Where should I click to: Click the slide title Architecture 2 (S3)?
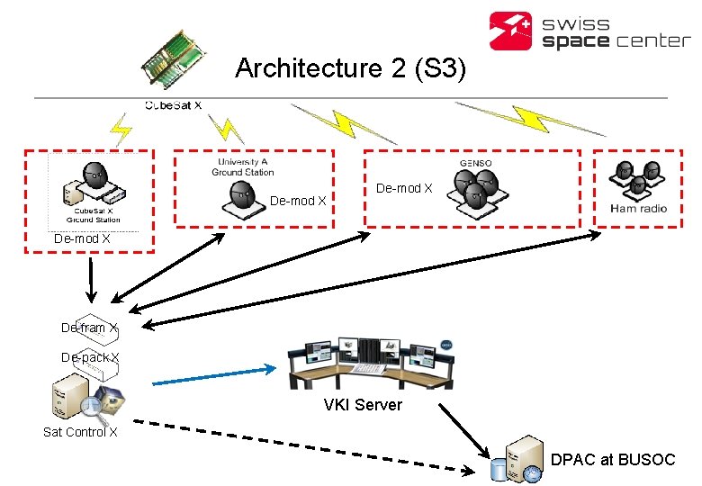350,68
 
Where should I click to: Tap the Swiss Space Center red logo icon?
511,31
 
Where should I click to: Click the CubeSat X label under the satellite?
173,105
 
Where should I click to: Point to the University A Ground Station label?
243,166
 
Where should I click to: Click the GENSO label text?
476,164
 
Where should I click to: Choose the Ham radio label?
638,208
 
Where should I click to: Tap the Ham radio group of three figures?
639,177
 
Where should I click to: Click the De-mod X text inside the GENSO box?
404,189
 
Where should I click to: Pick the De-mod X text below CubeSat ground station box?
82,239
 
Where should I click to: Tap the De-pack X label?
89,357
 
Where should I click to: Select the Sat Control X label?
80,432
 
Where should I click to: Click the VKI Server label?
363,405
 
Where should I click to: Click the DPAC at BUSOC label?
612,459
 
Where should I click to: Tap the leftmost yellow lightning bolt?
121,130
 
